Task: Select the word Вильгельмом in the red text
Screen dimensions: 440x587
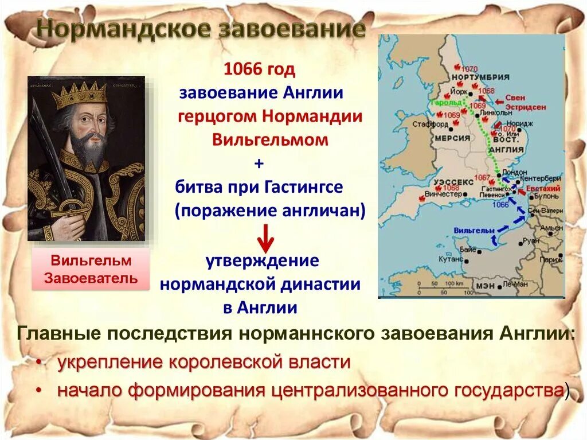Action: (262, 139)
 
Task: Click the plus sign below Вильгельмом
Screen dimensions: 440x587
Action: (259, 163)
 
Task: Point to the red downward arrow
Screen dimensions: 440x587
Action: (264, 237)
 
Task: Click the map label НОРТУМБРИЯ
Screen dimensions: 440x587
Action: (473, 77)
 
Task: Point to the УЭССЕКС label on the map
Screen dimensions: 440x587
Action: (455, 181)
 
